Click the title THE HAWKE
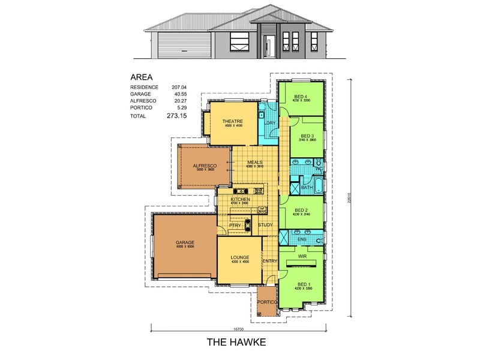pos(235,343)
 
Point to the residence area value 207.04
pos(181,88)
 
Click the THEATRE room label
pos(231,121)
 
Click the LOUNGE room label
pos(239,258)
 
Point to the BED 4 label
pos(301,97)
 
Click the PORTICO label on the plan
pos(266,301)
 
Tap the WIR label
pos(302,255)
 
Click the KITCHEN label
pos(239,199)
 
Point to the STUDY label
pos(266,225)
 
